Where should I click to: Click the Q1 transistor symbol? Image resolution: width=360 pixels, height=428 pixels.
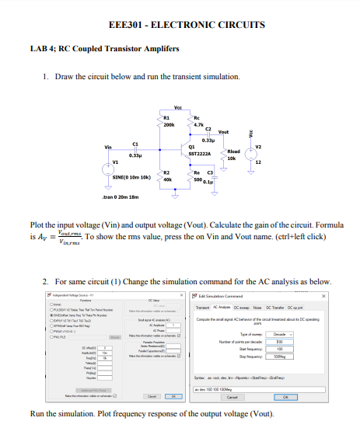(185, 150)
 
